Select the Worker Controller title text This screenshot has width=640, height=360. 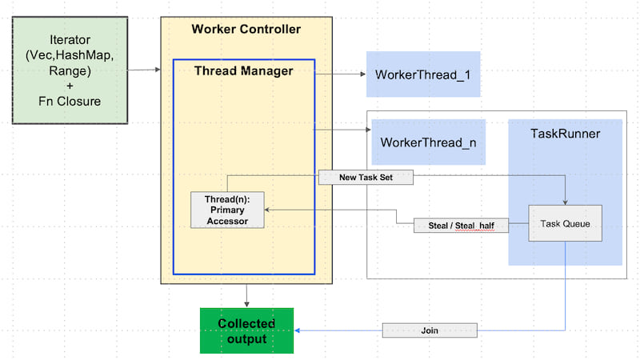coord(246,30)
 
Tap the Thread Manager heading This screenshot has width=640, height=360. coord(244,71)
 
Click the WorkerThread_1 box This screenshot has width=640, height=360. coord(422,74)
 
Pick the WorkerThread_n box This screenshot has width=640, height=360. coord(428,142)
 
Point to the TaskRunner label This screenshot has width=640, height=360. coord(565,134)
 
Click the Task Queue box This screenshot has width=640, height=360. coord(564,224)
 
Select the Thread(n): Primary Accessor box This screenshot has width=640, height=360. coord(227,210)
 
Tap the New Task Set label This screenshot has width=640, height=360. coord(366,178)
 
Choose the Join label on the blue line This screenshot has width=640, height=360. coord(430,330)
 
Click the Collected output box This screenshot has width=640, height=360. coord(246,330)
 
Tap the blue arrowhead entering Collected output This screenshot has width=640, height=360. coord(298,330)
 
